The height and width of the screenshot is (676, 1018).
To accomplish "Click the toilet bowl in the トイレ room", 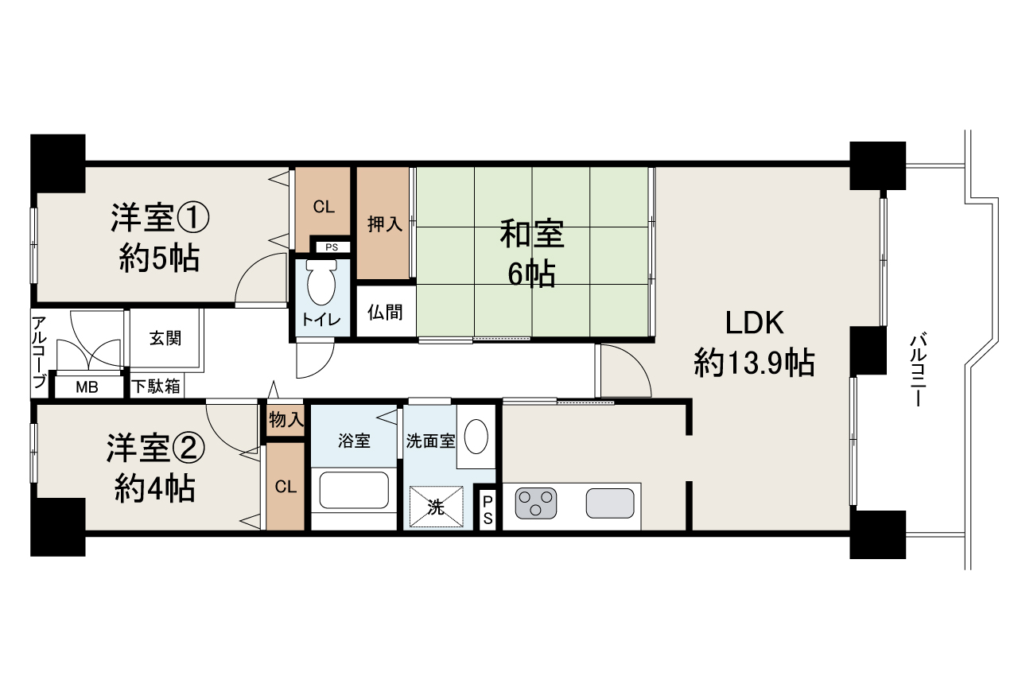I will (x=321, y=285).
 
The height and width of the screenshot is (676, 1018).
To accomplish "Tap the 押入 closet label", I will (x=385, y=224).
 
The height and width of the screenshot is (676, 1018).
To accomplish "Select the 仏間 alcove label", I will (x=385, y=312).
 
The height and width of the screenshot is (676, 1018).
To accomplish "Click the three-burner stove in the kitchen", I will (x=536, y=503).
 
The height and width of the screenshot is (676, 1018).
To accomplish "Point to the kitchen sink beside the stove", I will (x=611, y=503).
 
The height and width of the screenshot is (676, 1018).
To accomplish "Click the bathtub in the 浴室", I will (x=353, y=491).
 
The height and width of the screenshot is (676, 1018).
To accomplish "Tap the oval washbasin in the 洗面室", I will (x=476, y=437).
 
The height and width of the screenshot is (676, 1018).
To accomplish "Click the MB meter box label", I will (x=87, y=388).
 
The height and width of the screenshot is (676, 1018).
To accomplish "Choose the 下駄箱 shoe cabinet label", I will (x=156, y=387).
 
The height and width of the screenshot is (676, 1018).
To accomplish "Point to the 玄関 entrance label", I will (x=165, y=337).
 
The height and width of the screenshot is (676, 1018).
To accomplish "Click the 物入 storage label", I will (x=286, y=419).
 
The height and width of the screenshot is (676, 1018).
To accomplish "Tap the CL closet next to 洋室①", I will (x=323, y=208).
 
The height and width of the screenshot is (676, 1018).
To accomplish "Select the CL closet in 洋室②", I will (x=286, y=487).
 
